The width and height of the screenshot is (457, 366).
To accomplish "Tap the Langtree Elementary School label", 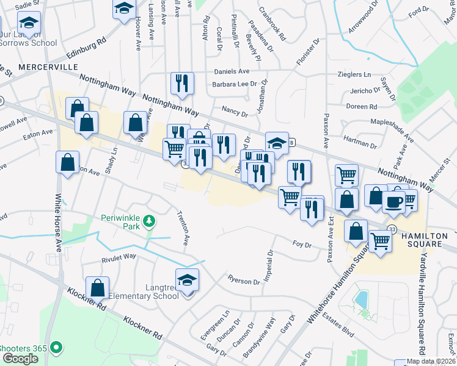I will [x=144, y=291].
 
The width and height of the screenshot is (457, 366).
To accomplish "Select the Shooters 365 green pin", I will [x=57, y=348].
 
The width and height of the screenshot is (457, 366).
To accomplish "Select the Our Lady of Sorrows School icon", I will [x=28, y=24].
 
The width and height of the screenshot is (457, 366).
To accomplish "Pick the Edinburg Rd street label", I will [x=86, y=49].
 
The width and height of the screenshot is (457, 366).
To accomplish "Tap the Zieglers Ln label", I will [x=354, y=74].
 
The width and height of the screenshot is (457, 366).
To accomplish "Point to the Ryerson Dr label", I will [x=243, y=281].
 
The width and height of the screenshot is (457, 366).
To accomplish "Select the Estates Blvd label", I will [x=340, y=333].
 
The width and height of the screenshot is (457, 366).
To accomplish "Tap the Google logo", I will [x=19, y=359].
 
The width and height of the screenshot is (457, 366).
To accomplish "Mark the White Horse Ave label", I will [x=59, y=223].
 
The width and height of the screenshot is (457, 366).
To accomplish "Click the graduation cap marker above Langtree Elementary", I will [x=188, y=280].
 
